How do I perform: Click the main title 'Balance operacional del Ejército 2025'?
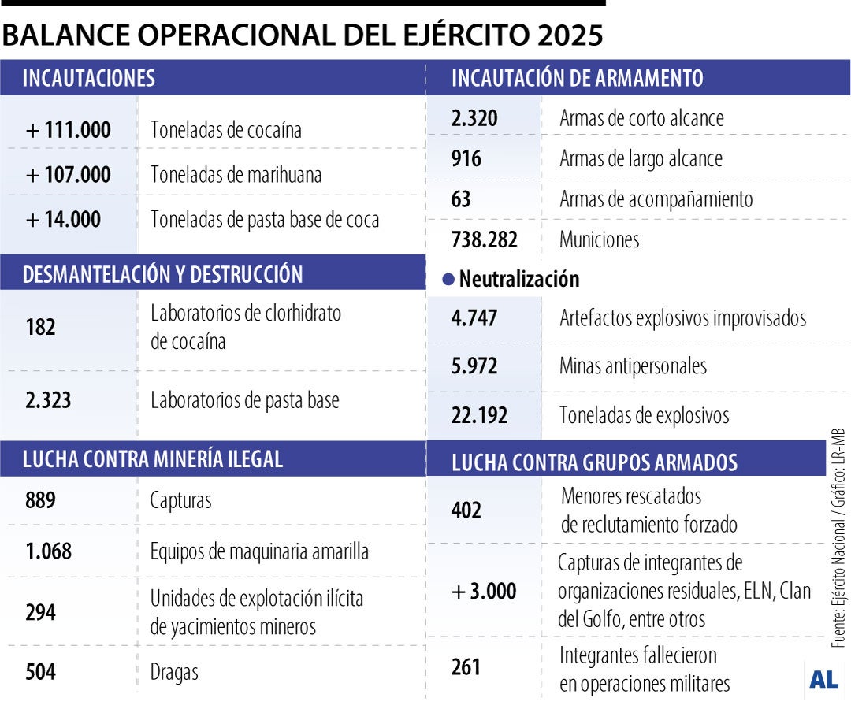[x=303, y=35]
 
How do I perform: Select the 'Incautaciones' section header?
[x=88, y=78]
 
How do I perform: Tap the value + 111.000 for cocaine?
[x=69, y=130]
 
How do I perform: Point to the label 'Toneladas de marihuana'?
[x=236, y=174]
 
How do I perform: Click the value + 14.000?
[x=64, y=219]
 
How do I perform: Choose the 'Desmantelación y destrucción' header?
[x=162, y=274]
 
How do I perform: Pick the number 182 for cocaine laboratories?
[x=41, y=327]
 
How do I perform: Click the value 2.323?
[x=48, y=400]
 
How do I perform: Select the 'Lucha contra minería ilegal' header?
[x=153, y=459]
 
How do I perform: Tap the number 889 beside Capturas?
[x=41, y=500]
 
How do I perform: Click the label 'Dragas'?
[x=174, y=673]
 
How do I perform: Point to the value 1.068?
[x=48, y=551]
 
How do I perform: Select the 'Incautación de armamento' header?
[x=577, y=78]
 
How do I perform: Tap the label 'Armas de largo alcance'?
[x=641, y=158]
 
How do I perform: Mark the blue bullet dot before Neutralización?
[x=449, y=279]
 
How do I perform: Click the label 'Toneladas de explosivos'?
[x=645, y=415]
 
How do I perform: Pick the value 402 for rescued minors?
[x=466, y=510]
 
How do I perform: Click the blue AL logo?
[x=823, y=680]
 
